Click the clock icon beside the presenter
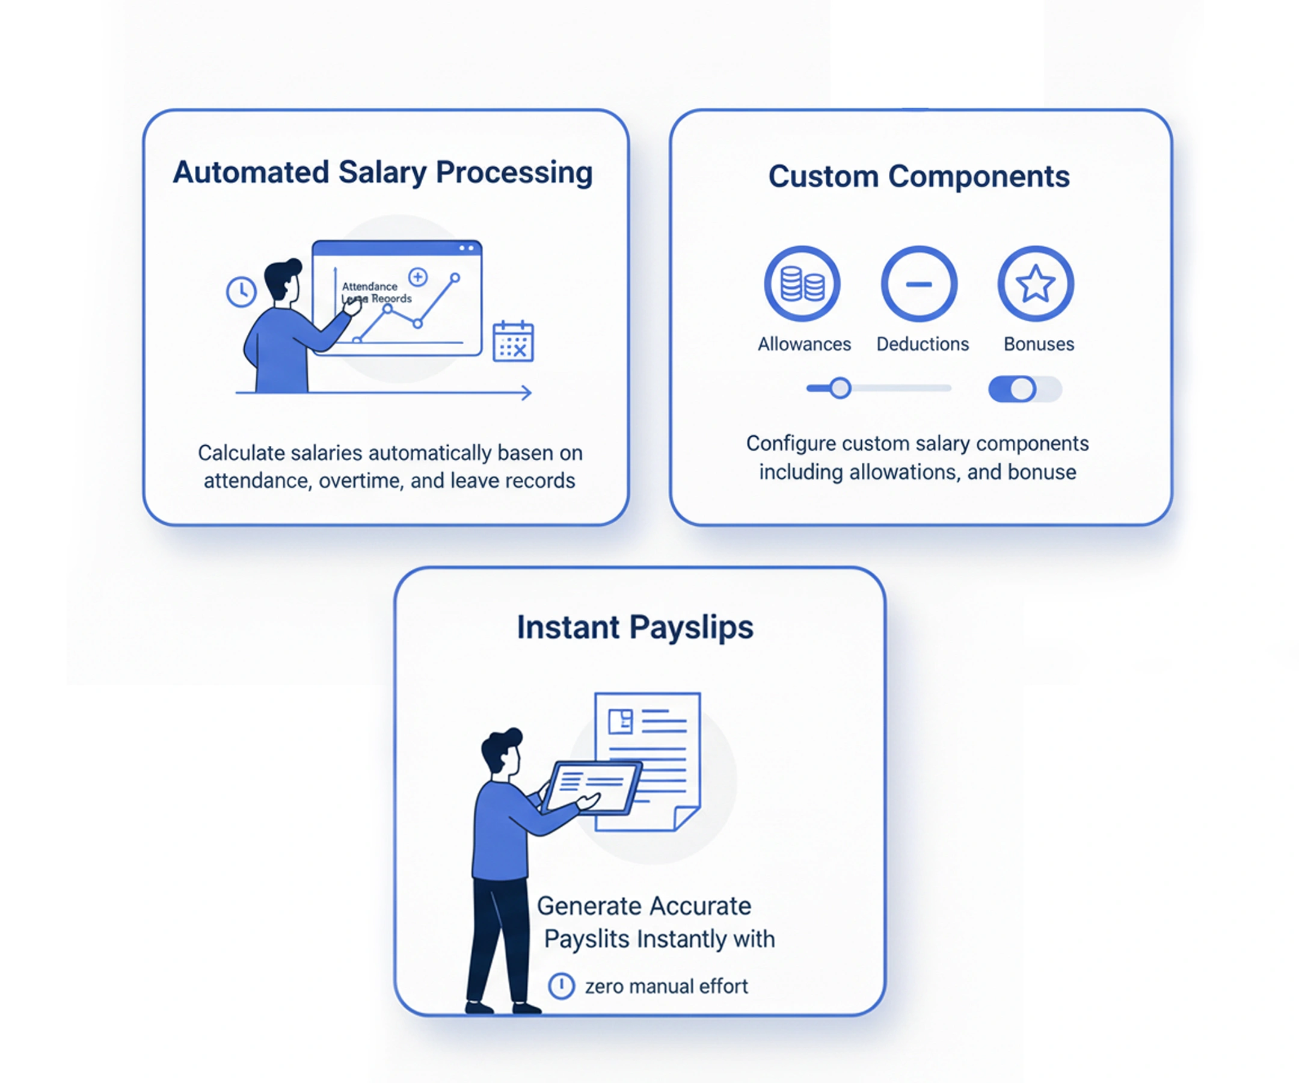pyautogui.click(x=241, y=291)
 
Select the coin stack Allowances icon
pyautogui.click(x=802, y=284)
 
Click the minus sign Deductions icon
pyautogui.click(x=919, y=284)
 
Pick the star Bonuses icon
pyautogui.click(x=1036, y=284)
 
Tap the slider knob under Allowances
pyautogui.click(x=840, y=388)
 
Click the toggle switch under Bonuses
pyautogui.click(x=1024, y=389)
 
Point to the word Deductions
pyautogui.click(x=923, y=344)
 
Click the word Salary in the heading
pyautogui.click(x=382, y=173)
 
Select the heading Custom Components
pyautogui.click(x=918, y=176)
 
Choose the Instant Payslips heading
pyautogui.click(x=634, y=627)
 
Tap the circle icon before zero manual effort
pyautogui.click(x=562, y=986)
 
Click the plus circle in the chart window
pyautogui.click(x=418, y=277)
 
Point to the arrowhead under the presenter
pyautogui.click(x=526, y=392)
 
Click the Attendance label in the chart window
pyautogui.click(x=369, y=286)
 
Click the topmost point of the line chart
pyautogui.click(x=455, y=278)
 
